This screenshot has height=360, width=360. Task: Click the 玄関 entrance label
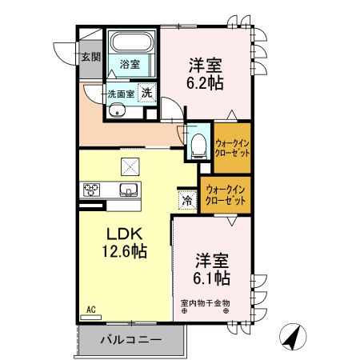(90, 57)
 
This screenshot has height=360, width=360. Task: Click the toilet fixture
(198, 146)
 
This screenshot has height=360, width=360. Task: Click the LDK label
(125, 235)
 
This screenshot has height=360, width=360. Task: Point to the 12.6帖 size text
(125, 251)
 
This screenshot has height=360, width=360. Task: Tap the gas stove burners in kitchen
(91, 190)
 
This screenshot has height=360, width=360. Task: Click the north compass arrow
(294, 337)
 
